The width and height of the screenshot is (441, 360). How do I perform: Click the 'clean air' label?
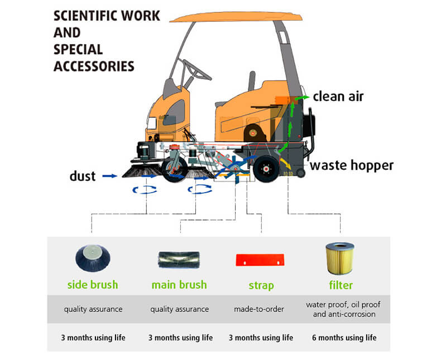(338, 96)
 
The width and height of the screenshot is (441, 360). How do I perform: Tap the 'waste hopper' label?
(352, 165)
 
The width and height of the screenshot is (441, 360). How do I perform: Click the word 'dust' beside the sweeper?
(83, 176)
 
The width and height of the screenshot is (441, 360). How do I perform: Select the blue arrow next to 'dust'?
(111, 176)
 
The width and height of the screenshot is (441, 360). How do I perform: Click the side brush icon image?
(92, 257)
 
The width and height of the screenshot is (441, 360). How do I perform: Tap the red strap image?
(260, 259)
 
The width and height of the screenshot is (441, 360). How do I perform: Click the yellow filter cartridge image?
(340, 257)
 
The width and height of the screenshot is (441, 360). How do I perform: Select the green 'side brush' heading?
(93, 285)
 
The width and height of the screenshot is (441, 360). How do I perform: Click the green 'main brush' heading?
(179, 285)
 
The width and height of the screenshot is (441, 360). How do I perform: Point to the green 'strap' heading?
(261, 285)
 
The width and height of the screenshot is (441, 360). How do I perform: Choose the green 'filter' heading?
(341, 285)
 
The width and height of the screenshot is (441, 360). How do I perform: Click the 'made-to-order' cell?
(261, 309)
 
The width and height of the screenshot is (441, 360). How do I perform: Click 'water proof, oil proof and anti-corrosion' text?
(341, 309)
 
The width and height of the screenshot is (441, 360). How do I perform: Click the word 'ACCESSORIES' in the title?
(94, 66)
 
